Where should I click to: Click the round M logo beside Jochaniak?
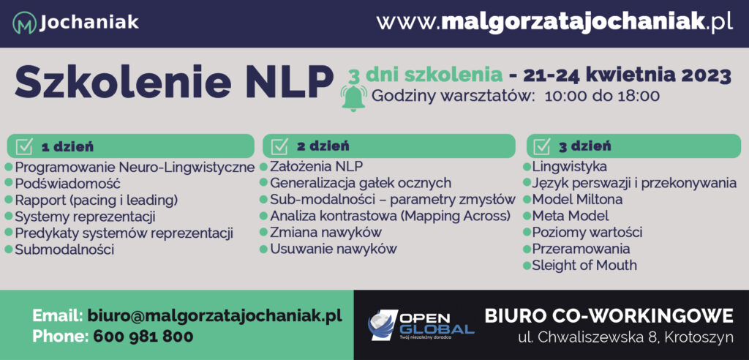[x=24, y=23]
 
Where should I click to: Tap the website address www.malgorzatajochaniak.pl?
[x=554, y=22]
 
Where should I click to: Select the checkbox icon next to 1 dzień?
[x=24, y=146]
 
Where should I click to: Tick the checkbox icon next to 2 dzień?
[x=279, y=146]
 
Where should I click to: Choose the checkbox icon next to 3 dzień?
[x=542, y=146]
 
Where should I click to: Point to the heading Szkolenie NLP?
[x=173, y=82]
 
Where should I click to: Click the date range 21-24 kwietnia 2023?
[x=627, y=75]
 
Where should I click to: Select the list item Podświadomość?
[x=67, y=184]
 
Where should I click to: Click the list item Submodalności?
[x=64, y=249]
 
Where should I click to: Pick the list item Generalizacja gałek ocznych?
[x=361, y=183]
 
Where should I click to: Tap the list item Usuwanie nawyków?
[x=334, y=249]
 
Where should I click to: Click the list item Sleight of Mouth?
[x=584, y=265]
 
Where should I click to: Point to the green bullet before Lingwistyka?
[x=527, y=167]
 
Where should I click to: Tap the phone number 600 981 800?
[x=143, y=336]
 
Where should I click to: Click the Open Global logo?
[x=421, y=325]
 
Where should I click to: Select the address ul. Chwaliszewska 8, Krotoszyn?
[x=626, y=337]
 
